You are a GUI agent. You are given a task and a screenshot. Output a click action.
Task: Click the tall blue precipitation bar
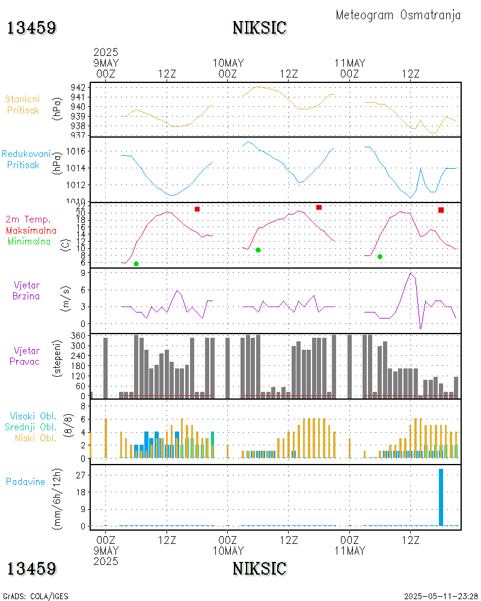(x=441, y=497)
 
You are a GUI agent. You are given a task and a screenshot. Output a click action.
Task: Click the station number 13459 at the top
(x=32, y=28)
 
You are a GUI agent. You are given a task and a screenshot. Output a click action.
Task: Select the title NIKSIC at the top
(x=260, y=28)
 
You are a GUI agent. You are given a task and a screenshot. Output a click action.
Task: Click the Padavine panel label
(x=26, y=481)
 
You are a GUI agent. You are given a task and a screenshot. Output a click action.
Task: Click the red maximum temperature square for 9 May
(x=197, y=209)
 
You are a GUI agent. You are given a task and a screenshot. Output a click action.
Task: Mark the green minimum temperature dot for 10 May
(x=258, y=250)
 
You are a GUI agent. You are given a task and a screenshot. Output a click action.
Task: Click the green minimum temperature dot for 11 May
(x=380, y=257)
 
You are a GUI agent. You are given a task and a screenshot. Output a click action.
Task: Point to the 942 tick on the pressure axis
(x=78, y=88)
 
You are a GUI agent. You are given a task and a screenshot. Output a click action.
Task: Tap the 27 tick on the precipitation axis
(x=79, y=475)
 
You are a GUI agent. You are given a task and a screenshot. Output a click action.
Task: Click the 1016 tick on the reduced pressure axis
(x=75, y=151)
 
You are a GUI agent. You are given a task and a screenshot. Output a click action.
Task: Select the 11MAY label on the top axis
(x=349, y=63)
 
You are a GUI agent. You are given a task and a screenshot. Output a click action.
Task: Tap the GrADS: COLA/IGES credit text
(x=35, y=596)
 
